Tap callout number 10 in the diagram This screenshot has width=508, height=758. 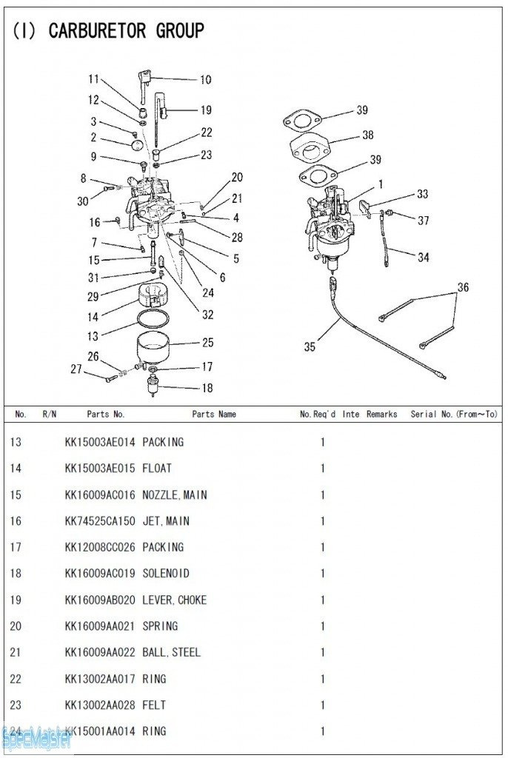[x=205, y=80]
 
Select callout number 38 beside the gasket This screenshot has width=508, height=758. [x=368, y=135]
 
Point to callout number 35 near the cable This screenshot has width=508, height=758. [x=310, y=346]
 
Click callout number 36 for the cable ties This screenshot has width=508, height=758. [x=463, y=287]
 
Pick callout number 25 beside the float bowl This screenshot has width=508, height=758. [x=207, y=343]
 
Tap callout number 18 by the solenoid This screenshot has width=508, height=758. [x=207, y=388]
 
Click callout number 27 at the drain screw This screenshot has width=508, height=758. [x=76, y=369]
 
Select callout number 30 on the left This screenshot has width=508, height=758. [x=82, y=201]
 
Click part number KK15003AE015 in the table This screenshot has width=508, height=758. [x=100, y=469]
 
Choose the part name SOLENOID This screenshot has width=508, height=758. [x=165, y=574]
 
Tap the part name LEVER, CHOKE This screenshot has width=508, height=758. [x=174, y=600]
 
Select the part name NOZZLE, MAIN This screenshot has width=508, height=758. [x=174, y=495]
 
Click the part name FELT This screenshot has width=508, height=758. [x=154, y=705]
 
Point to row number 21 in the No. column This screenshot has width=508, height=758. [x=16, y=653]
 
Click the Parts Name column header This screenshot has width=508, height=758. [x=214, y=415]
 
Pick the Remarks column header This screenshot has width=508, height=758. [x=381, y=415]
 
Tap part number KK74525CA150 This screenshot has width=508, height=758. [x=100, y=521]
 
